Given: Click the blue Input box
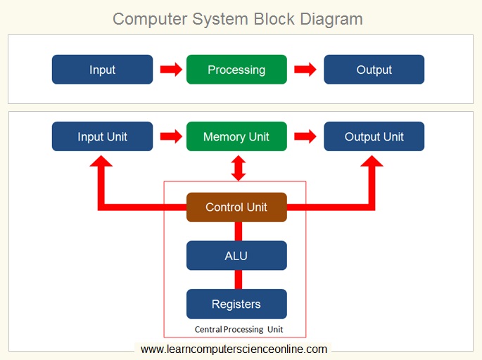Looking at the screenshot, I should [102, 70].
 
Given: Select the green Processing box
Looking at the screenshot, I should [236, 70].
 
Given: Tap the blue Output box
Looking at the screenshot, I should [374, 70].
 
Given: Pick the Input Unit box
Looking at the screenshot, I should [102, 136].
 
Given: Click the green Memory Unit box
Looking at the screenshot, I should [236, 136].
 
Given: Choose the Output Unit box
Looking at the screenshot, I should [374, 136].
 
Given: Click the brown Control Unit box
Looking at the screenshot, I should [236, 207].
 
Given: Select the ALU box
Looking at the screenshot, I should [236, 255].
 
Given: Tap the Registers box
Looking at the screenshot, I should [236, 304].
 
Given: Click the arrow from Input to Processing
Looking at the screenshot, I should [170, 70].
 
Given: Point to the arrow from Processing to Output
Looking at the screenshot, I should [305, 70].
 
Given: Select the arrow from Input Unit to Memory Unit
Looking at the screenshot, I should [170, 136].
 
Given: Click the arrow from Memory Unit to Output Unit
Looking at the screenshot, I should [305, 136].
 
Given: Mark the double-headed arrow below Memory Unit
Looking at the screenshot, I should [239, 167].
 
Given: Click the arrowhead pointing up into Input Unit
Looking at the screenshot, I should [102, 163].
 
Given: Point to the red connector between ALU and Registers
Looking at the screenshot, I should [238, 280].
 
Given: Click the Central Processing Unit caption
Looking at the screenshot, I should [239, 329].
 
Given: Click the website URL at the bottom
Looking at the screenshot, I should [234, 349].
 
